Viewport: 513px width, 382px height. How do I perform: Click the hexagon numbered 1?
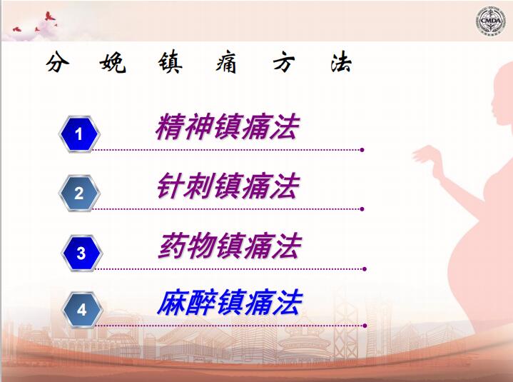pos(79,134)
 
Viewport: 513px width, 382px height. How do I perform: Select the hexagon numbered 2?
pos(79,193)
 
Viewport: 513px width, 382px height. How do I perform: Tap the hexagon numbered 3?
pos(82,253)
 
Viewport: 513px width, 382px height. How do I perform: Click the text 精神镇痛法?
pos(228,127)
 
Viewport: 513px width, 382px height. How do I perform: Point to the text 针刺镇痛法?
pos(228,186)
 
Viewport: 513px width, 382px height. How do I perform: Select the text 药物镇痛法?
pos(230,246)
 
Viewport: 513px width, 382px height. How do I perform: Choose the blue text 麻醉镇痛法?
pos(230,303)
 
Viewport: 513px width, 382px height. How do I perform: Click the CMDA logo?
pos(490,21)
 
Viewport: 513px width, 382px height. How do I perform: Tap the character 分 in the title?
pos(58,61)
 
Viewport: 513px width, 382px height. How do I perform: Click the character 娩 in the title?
pos(113,61)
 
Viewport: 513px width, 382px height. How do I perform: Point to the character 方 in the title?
pos(284,62)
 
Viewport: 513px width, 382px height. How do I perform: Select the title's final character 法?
pos(341,62)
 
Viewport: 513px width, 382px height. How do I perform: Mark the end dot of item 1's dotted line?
pos(362,150)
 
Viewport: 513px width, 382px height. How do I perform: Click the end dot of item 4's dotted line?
pos(365,326)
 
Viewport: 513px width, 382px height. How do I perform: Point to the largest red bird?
pos(50,16)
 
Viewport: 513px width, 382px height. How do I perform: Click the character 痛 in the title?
pos(226,61)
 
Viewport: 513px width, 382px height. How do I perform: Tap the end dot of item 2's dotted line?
pos(362,209)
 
